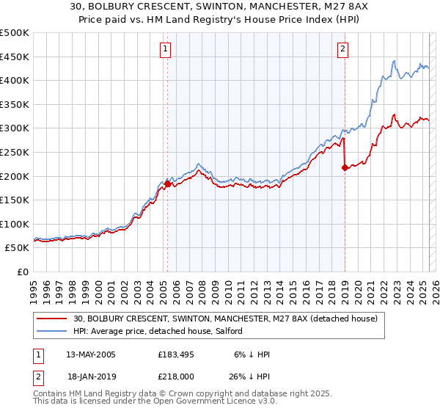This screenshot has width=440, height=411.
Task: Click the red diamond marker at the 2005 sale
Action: point(167,184)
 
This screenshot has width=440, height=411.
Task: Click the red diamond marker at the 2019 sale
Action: point(345,168)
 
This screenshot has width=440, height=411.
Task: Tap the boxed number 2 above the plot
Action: point(342,49)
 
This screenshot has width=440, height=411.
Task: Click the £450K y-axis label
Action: point(15,57)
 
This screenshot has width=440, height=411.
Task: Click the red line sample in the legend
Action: point(51,319)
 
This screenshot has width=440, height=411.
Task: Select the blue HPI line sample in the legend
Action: point(51,332)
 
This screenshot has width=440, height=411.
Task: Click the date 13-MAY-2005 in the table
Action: point(91,354)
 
